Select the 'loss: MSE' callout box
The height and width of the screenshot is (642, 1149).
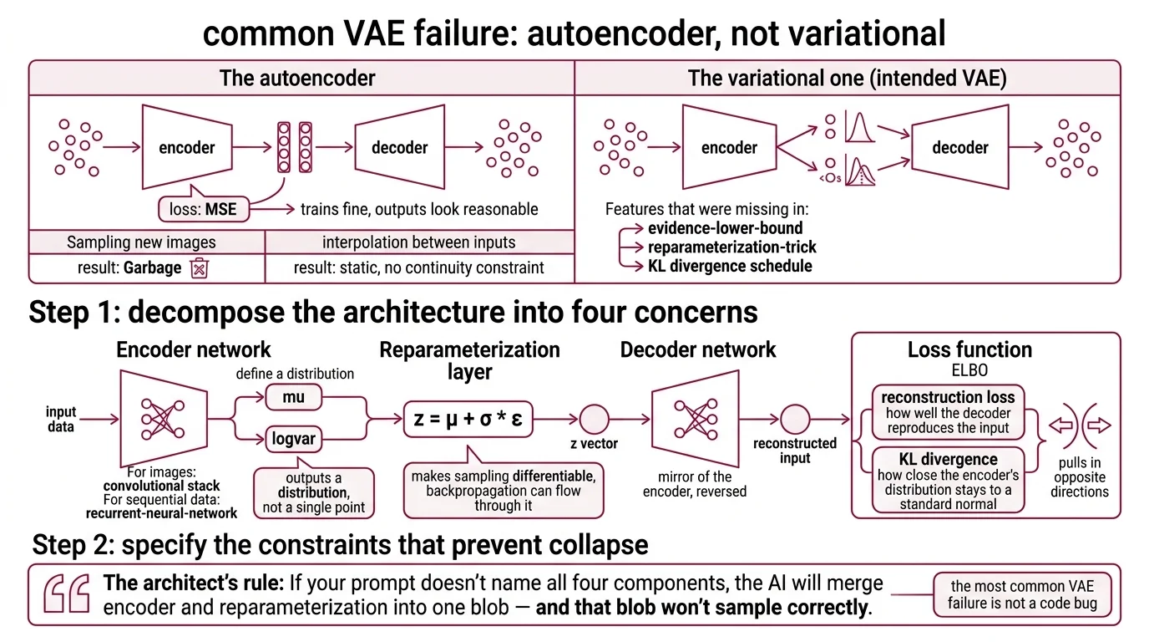pyautogui.click(x=204, y=208)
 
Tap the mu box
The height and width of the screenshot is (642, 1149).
pyautogui.click(x=293, y=398)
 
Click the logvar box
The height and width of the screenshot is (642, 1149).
pyautogui.click(x=293, y=439)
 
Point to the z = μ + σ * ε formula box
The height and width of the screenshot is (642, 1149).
pyautogui.click(x=468, y=420)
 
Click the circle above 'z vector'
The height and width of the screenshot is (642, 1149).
pyautogui.click(x=594, y=420)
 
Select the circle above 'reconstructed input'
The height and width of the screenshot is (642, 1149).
pyautogui.click(x=794, y=420)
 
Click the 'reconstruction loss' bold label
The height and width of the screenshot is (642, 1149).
pyautogui.click(x=948, y=397)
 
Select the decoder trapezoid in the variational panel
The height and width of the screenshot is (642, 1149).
pyautogui.click(x=959, y=147)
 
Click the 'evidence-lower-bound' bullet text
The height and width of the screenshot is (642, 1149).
pyautogui.click(x=726, y=228)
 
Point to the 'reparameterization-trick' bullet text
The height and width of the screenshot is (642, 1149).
pyautogui.click(x=731, y=247)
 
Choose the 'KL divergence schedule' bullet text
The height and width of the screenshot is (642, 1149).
pyautogui.click(x=730, y=266)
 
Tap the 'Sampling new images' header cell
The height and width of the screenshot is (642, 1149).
pyautogui.click(x=141, y=242)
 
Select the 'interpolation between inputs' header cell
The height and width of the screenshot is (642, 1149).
pyautogui.click(x=418, y=242)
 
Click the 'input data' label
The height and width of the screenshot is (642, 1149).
pyautogui.click(x=61, y=420)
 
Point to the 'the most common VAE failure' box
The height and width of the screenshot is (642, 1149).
pyautogui.click(x=1022, y=594)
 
